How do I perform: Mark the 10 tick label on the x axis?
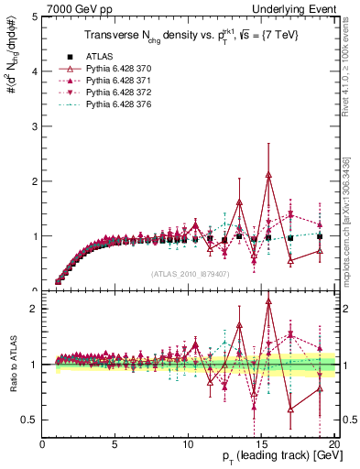pyautogui.click(x=190, y=444)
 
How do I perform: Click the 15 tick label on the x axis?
pyautogui.click(x=261, y=444)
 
